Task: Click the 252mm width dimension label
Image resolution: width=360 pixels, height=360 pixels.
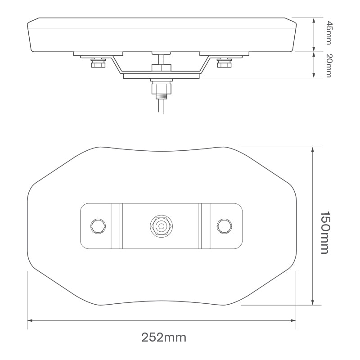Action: point(164,337)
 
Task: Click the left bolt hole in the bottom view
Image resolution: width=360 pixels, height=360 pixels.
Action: point(98,225)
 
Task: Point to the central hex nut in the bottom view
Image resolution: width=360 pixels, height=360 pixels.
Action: point(161,225)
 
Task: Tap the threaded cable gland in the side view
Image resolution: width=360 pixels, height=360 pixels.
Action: point(161,89)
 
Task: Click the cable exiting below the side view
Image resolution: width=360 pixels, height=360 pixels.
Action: point(161,107)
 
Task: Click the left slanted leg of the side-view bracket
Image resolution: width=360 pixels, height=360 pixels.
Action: point(116,65)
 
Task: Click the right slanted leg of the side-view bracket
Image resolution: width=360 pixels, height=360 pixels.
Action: point(206,65)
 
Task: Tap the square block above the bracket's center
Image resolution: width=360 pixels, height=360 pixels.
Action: point(161,67)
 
